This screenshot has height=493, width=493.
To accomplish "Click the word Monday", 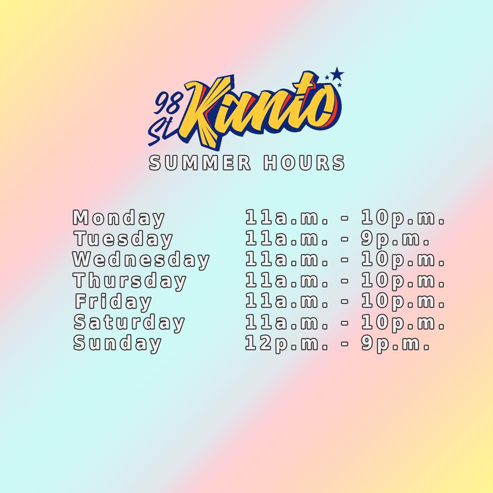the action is click(x=119, y=218).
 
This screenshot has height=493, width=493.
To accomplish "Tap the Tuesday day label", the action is click(x=123, y=239).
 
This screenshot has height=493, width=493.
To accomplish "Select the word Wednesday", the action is click(x=141, y=260).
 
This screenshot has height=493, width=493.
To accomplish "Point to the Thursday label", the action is click(x=129, y=280).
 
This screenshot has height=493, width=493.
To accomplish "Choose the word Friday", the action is click(x=113, y=301).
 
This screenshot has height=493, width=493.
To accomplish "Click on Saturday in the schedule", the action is click(x=129, y=323).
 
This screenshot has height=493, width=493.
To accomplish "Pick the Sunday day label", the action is click(x=117, y=343).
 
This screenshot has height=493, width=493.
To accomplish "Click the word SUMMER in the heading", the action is click(x=200, y=163).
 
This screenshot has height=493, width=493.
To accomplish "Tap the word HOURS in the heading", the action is click(x=304, y=163).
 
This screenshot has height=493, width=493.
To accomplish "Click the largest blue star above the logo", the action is click(x=337, y=74).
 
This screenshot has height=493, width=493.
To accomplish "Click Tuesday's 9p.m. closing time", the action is click(x=395, y=239).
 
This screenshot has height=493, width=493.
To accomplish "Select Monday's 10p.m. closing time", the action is click(x=403, y=218).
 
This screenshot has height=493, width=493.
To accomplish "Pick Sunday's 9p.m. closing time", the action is click(x=395, y=343).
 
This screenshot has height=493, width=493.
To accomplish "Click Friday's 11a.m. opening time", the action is click(x=287, y=301).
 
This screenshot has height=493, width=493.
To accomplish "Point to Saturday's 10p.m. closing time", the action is click(x=403, y=323).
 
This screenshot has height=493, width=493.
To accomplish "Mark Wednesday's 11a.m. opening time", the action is click(x=287, y=259).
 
